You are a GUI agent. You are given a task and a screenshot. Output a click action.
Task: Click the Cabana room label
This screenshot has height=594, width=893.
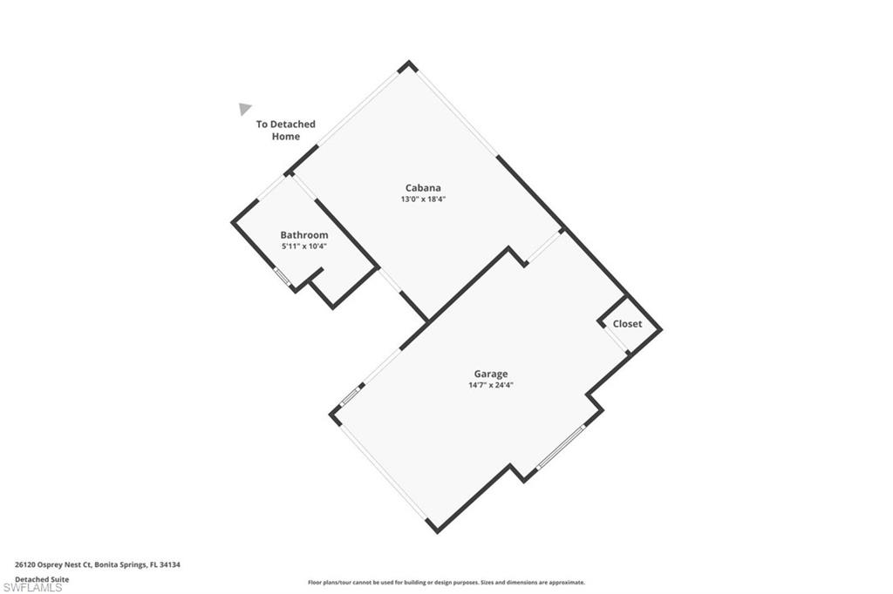[422, 187]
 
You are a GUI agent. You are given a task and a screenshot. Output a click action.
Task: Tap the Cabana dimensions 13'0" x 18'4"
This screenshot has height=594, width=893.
[422, 199]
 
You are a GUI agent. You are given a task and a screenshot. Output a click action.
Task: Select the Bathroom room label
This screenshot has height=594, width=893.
[303, 234]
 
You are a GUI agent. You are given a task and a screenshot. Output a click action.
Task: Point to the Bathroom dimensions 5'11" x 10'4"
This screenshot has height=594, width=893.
[303, 246]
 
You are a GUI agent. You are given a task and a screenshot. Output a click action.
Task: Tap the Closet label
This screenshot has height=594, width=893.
[627, 323]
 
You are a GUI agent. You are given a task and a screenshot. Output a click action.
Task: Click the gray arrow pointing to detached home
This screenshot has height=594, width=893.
[245, 109]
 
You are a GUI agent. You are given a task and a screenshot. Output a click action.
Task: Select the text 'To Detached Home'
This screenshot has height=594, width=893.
[285, 130]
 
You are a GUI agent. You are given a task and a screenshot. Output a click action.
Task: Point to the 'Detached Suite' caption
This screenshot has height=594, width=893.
[41, 578]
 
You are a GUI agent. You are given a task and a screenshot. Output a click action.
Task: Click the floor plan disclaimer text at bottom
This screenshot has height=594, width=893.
[446, 583]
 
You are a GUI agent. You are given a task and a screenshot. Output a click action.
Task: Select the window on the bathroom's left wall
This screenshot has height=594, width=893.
[282, 277]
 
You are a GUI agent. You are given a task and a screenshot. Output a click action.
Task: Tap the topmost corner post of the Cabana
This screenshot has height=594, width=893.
[406, 65]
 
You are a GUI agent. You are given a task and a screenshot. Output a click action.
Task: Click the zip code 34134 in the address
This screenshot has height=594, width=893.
[170, 564]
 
